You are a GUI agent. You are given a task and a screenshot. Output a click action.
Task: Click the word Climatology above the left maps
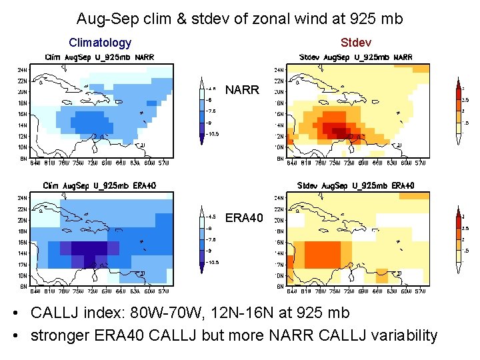click(100, 43)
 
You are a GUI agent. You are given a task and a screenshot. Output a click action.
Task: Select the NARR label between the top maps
click(242, 89)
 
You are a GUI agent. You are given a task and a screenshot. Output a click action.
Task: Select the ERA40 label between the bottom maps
click(245, 218)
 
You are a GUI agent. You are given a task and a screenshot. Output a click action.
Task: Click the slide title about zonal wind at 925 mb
click(239, 19)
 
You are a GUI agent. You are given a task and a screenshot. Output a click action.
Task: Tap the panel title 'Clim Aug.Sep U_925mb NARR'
click(99, 57)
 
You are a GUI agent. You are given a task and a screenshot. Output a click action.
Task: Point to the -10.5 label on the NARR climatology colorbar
click(212, 134)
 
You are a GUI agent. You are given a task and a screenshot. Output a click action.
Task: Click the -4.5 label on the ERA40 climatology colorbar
click(211, 217)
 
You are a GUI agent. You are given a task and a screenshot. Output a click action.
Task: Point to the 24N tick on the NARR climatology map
click(22, 69)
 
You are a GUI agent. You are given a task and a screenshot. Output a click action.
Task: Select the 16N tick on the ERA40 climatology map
click(22, 243)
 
